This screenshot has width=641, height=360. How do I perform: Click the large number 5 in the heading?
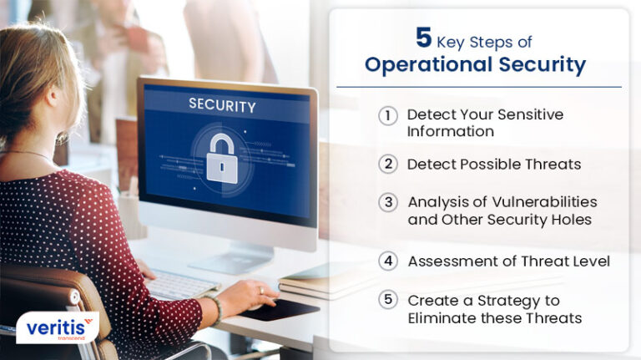pos(424,38)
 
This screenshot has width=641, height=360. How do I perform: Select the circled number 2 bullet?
pos(387,164)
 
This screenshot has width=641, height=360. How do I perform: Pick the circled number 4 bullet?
pos(387,261)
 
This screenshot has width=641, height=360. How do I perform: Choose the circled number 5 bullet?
pos(387,300)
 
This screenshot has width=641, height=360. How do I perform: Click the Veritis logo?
pos(57,327)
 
